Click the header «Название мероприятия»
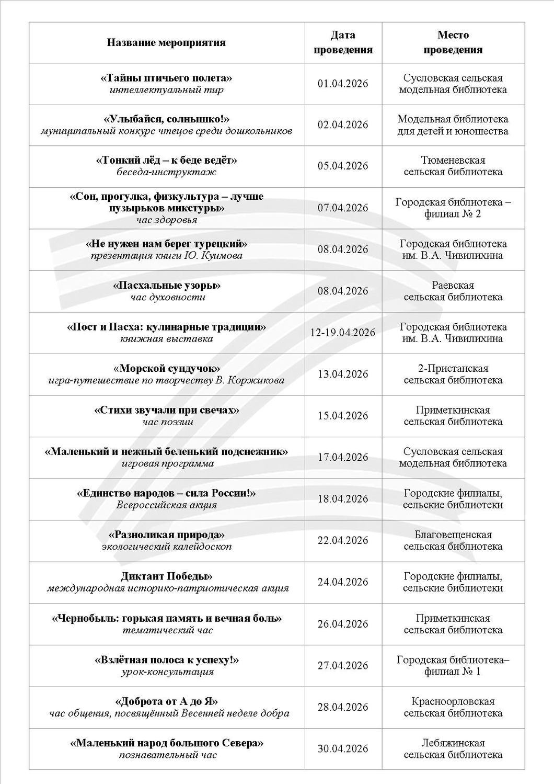tap(166, 43)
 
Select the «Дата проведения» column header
tap(343, 42)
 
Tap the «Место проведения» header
tap(453, 42)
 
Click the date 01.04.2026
tap(343, 84)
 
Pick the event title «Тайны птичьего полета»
tap(166, 78)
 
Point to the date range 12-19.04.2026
tap(343, 333)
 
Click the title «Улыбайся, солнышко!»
tap(166, 119)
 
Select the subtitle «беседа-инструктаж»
tap(166, 172)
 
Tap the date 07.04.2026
tap(343, 208)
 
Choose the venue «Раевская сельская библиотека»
tap(453, 291)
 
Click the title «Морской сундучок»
tap(166, 369)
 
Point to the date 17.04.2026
tap(343, 458)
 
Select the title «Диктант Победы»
tap(166, 577)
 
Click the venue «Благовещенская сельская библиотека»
tap(453, 541)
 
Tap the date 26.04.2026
tap(343, 624)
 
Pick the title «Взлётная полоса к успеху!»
tap(166, 660)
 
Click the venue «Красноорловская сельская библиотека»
tap(453, 707)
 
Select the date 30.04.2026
tap(343, 749)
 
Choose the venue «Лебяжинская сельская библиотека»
tap(453, 749)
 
